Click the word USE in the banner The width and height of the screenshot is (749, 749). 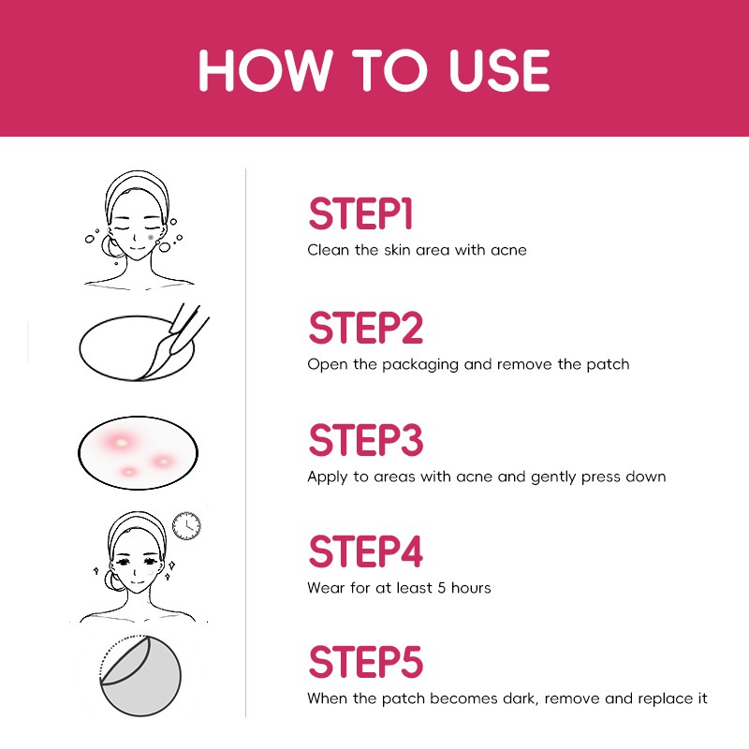pos(499,70)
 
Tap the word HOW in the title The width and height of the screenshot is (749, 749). pos(265,70)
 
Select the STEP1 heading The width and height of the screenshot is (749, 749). pos(360,213)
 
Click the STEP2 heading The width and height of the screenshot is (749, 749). pos(366,327)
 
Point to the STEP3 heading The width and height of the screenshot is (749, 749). pos(366,439)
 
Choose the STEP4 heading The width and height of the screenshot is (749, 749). pos(366,551)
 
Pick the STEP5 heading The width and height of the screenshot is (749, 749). pos(366,662)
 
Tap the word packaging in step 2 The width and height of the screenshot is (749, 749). pos(420,365)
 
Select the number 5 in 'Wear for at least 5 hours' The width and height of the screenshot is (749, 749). pos(441,588)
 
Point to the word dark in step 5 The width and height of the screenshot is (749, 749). pos(521,698)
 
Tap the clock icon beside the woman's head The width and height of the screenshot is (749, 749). pos(186,526)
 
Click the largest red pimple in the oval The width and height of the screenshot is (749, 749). pos(121,442)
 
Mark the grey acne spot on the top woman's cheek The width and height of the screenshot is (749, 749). pos(151,237)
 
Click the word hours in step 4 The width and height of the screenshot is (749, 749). pos(471,588)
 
